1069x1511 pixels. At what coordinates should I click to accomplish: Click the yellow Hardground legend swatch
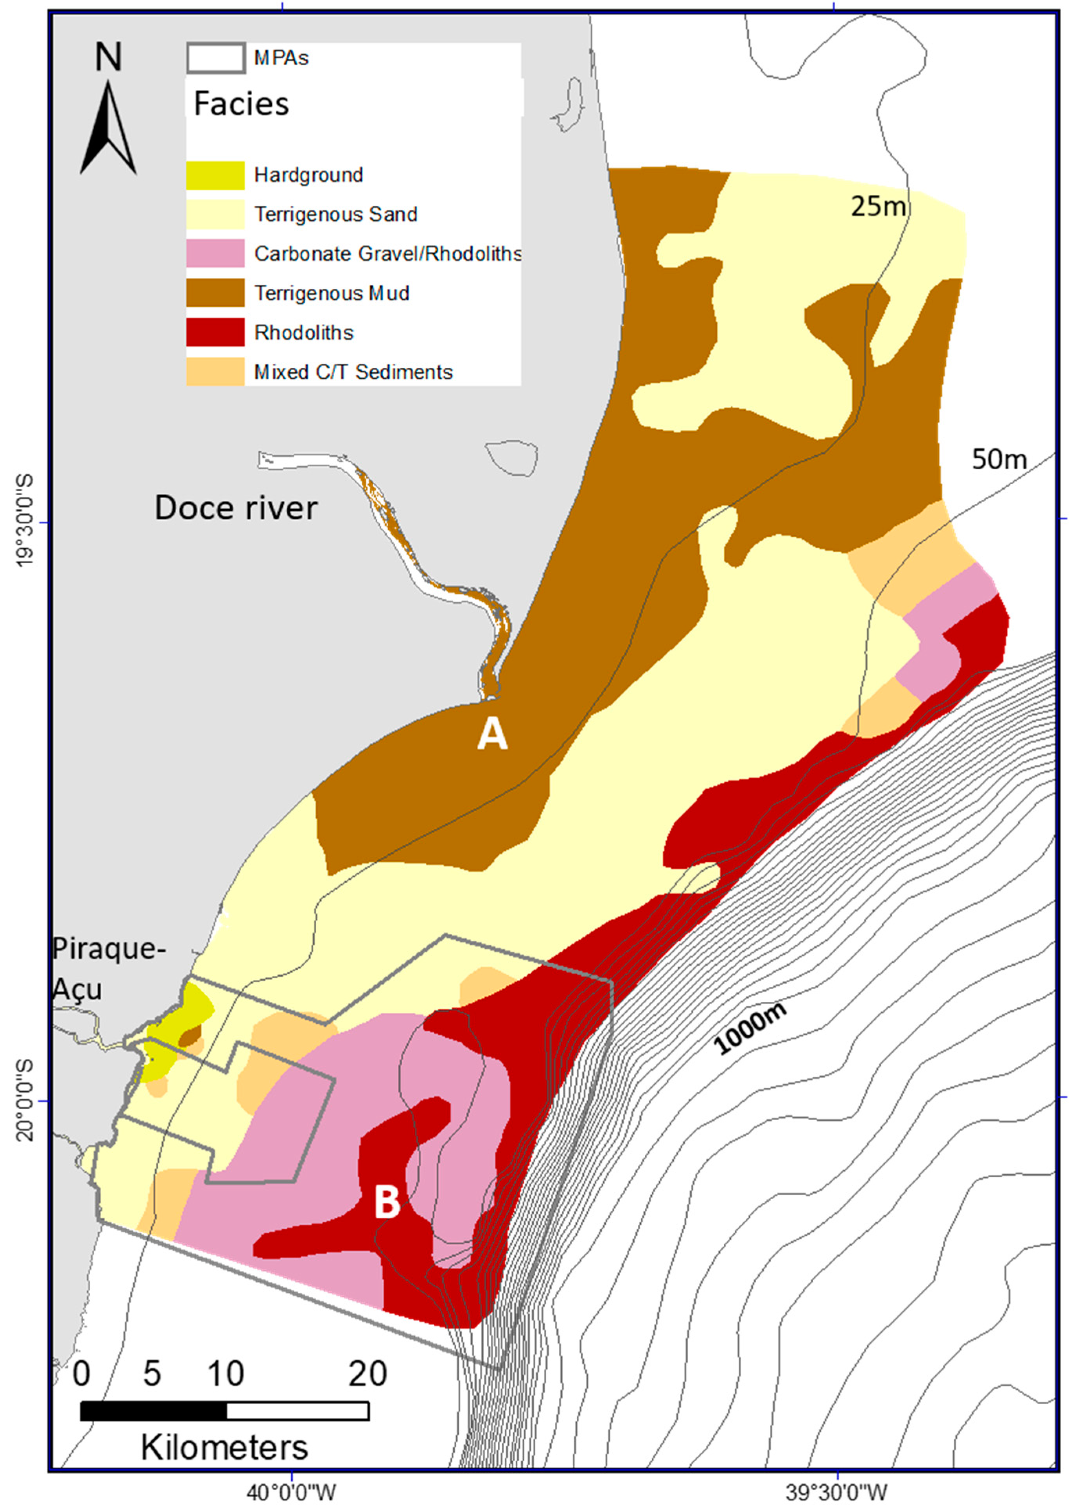coord(215,175)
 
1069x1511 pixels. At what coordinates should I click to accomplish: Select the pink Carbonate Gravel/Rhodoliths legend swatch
coord(215,253)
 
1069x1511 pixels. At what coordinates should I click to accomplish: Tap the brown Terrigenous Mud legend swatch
coord(215,293)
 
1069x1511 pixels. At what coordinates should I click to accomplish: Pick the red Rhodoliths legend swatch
coord(215,332)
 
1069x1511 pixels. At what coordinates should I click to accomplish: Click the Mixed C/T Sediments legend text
coord(353,372)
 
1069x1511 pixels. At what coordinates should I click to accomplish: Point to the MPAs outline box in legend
coord(216,58)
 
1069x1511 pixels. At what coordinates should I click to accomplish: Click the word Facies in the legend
coord(241,104)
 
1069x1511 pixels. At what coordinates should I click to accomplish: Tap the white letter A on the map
coord(492,733)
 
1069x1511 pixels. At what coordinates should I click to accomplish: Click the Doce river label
coord(236,508)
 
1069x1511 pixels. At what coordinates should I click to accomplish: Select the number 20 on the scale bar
coord(367,1374)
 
